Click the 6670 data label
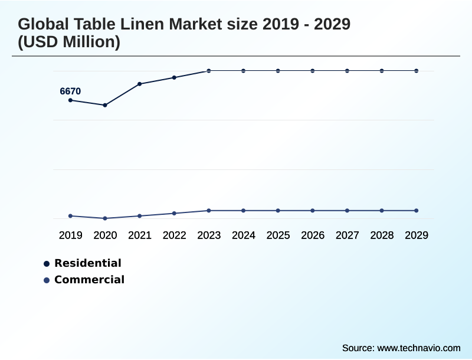70,91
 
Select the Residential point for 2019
71,100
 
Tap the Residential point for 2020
105,105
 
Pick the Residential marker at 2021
140,84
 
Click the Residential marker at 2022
174,77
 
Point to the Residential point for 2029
416,71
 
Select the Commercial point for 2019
71,216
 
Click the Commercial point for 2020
105,218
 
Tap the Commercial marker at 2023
209,211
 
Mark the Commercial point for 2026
313,211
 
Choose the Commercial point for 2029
416,211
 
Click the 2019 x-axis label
71,235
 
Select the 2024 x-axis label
243,235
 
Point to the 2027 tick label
347,235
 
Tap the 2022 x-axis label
174,235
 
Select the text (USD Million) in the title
69,42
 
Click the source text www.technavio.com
419,348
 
